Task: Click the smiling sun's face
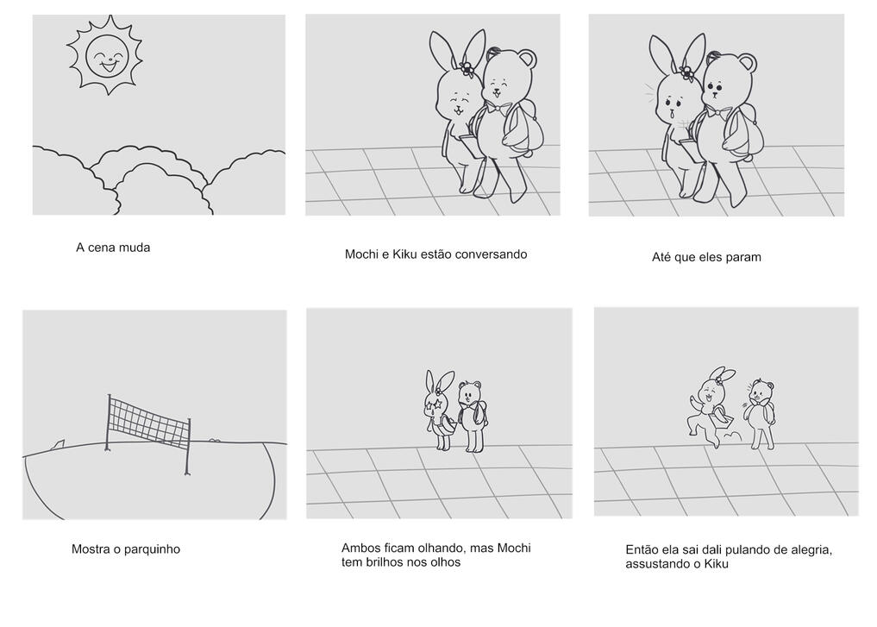108,57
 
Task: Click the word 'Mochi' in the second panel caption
361,254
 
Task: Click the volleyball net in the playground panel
149,425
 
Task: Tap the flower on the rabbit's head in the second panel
466,69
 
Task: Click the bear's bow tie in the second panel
498,107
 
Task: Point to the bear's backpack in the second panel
523,131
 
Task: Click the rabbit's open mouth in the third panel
671,115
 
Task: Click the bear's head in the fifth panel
470,393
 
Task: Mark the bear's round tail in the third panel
748,159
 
